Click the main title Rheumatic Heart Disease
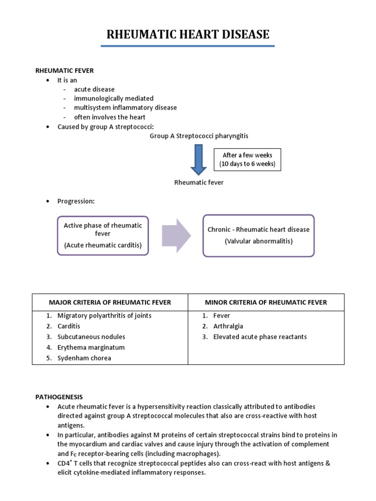(188, 34)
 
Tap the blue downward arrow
(199, 159)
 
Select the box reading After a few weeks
(247, 159)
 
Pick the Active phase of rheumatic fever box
(103, 235)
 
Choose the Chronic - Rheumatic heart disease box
(258, 235)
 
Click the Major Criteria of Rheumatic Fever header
(110, 302)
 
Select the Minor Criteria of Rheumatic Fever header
(266, 302)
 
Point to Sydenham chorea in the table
(84, 358)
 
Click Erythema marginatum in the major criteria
(91, 347)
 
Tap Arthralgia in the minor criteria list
(228, 326)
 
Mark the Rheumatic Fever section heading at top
(63, 70)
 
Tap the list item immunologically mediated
(114, 98)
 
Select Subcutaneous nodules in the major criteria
(91, 337)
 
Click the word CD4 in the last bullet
(64, 463)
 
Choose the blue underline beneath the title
(188, 46)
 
